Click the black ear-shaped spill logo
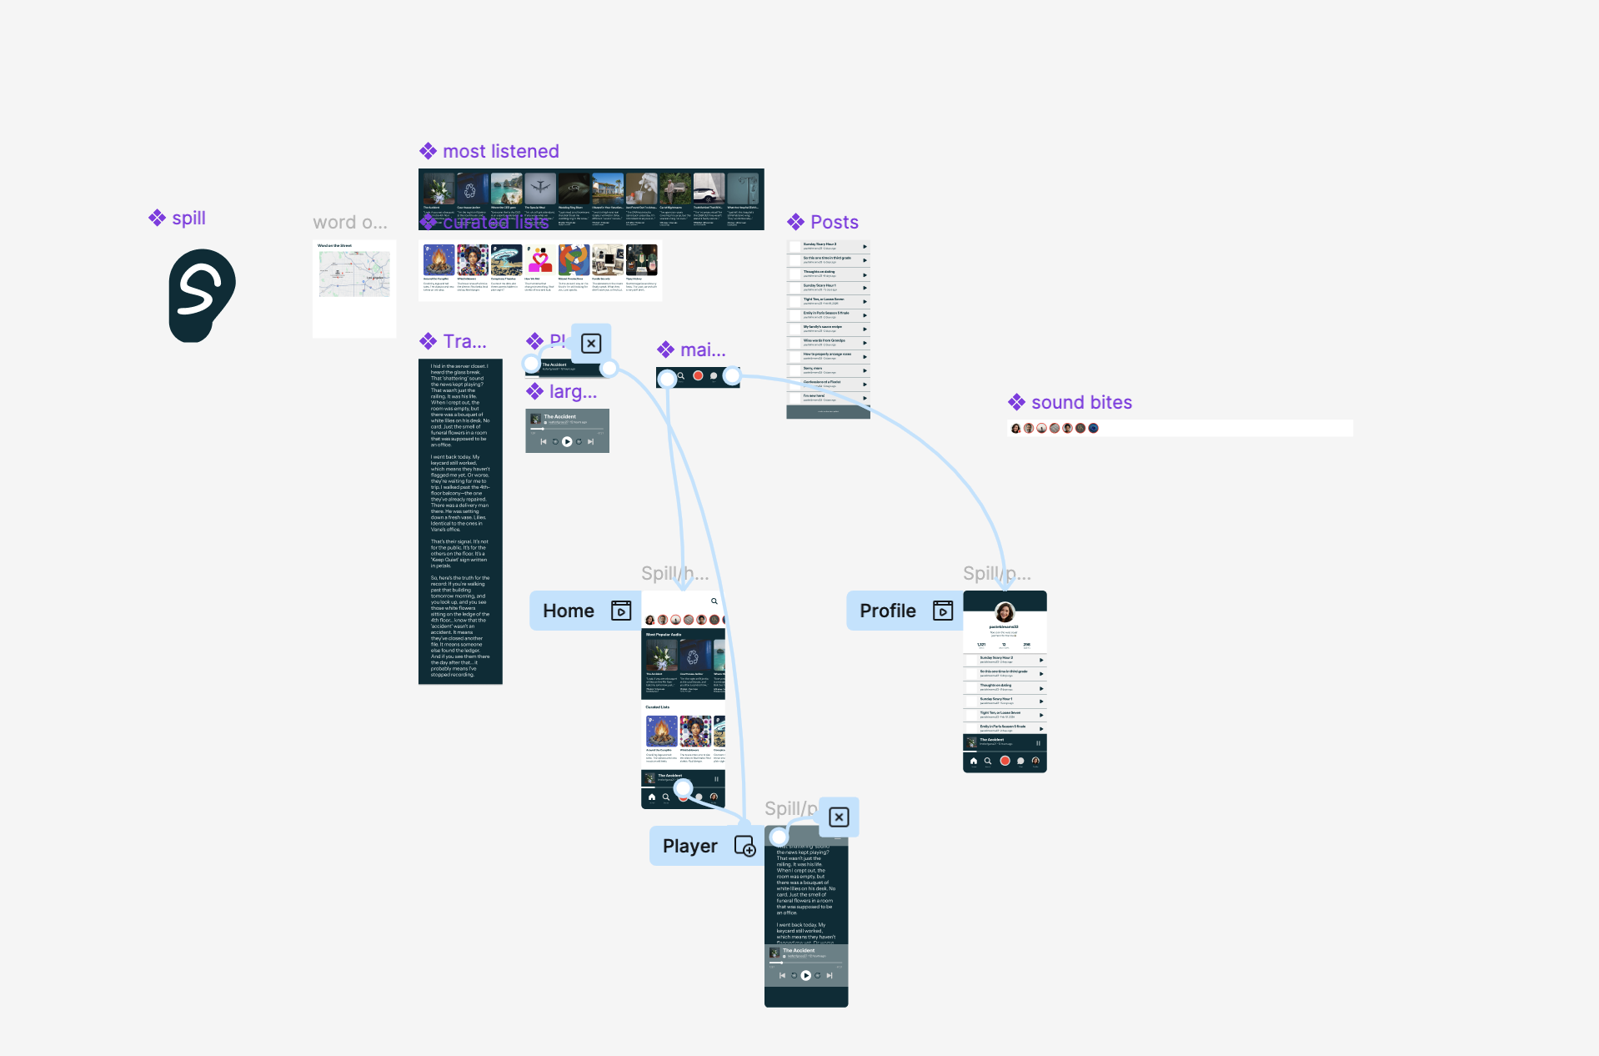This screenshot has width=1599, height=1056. coord(202,295)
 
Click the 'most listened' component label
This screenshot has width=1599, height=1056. coord(500,151)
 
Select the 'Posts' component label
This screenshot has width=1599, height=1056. coord(834,222)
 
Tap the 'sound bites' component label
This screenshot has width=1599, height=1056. coord(1081,402)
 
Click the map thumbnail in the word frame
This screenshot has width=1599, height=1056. coord(354,274)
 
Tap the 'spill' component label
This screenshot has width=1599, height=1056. coord(188,218)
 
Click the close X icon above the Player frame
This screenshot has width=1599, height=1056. coord(839,817)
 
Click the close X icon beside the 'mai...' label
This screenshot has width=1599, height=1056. coord(591,344)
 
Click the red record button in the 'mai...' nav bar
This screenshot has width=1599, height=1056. coord(698,376)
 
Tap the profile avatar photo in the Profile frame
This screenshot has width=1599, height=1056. coord(1005,611)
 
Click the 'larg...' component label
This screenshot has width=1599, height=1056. coord(573,391)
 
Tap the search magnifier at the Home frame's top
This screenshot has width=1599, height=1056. coord(714,601)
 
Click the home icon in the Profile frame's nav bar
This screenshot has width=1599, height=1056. coord(973,761)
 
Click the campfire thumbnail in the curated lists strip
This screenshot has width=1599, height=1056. coord(439,260)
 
